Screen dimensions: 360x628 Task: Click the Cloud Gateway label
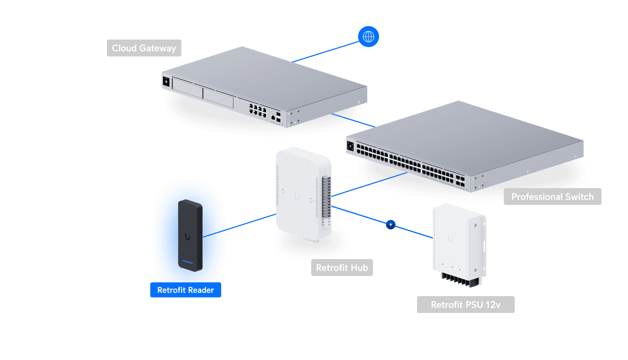(144, 48)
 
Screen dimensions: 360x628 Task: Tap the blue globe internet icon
(368, 36)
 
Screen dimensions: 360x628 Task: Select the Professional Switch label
(552, 197)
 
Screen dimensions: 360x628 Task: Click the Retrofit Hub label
(342, 268)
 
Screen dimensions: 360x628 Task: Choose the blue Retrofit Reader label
(185, 290)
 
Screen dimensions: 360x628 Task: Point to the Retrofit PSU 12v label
(465, 305)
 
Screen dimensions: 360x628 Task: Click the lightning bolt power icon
(391, 224)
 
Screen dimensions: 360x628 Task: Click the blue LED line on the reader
(187, 262)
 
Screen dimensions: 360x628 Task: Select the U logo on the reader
(187, 236)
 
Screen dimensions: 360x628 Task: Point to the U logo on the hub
(297, 196)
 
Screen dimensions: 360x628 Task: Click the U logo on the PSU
(450, 239)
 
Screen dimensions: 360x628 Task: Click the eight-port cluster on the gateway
(257, 110)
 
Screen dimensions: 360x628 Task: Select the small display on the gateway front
(166, 82)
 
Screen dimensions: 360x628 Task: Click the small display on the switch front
(350, 146)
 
